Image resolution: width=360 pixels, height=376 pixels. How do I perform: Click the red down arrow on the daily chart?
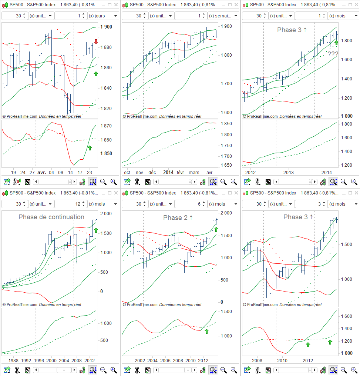pos(96,41)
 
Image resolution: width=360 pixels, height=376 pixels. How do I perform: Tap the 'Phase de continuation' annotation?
pos(51,217)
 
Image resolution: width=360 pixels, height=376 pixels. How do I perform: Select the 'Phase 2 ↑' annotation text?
pos(178,218)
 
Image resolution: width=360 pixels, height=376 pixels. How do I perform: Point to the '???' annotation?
pos(333,54)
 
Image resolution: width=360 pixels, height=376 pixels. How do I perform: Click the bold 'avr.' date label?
pos(42,172)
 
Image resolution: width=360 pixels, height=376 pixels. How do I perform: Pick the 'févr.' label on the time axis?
pos(181,172)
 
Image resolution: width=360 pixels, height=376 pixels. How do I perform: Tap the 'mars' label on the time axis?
pos(194,172)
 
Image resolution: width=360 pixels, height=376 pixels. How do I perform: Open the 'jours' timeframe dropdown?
pos(103,16)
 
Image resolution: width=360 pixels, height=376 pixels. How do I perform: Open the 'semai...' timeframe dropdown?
pos(223,16)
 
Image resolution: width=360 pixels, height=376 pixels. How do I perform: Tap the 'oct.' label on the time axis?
pos(128,172)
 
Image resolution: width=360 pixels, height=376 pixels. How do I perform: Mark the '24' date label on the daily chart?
pos(23,172)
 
